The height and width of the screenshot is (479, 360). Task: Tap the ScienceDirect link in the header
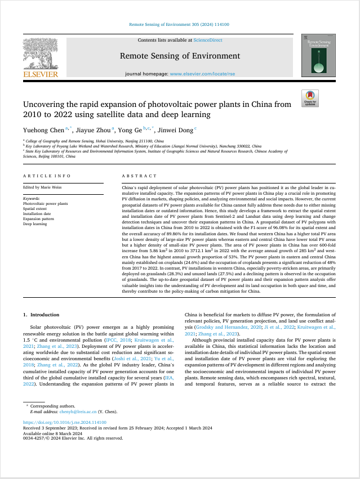coord(208,40)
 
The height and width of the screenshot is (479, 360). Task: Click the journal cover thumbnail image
coord(319,55)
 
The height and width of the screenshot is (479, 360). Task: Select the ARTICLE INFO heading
coord(47,176)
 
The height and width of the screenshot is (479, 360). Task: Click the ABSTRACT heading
coord(135,176)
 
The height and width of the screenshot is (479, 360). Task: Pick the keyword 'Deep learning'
coord(35,223)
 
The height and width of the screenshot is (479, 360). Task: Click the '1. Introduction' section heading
coord(41,315)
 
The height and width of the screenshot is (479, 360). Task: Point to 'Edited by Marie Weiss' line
coord(43,187)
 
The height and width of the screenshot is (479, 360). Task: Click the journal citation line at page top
coord(180,25)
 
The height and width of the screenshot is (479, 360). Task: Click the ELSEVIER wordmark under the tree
coord(40,74)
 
